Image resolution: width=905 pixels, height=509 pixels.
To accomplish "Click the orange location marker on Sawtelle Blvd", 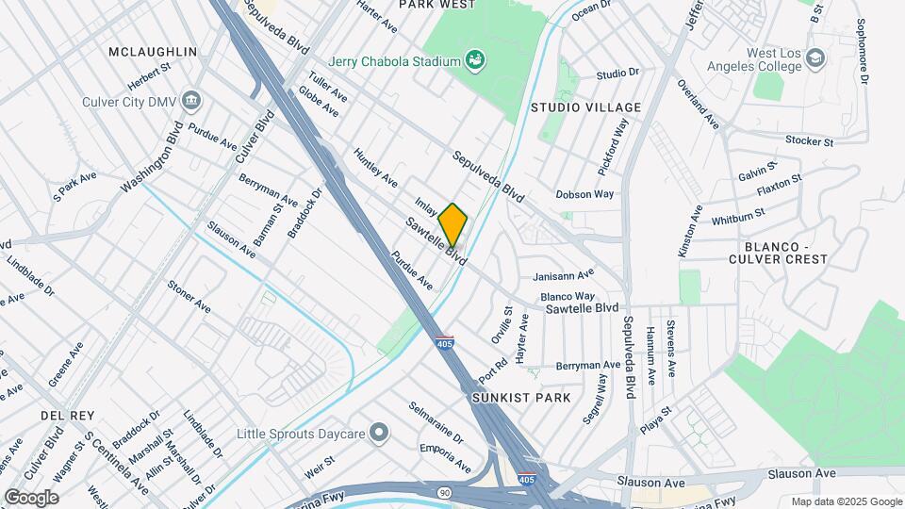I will (452, 223).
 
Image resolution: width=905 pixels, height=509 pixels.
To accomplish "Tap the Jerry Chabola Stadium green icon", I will (476, 61).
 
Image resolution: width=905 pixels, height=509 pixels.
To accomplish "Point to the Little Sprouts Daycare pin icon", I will (379, 433).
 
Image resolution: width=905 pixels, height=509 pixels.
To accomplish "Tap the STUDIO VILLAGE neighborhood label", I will (585, 107).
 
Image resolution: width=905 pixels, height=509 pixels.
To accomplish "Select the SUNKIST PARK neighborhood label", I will (521, 398).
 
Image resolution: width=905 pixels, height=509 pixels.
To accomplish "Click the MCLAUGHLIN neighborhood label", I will (153, 51).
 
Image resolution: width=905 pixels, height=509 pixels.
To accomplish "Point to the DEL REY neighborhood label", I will (64, 415).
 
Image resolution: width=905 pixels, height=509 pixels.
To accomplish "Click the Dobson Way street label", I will (584, 193).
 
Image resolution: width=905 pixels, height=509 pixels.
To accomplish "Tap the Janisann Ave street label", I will (563, 274).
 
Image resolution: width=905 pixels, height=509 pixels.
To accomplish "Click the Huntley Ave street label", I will (375, 166).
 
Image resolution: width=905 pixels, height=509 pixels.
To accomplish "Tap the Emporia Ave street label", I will (445, 453).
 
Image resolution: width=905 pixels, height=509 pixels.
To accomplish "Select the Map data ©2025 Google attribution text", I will (846, 501).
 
